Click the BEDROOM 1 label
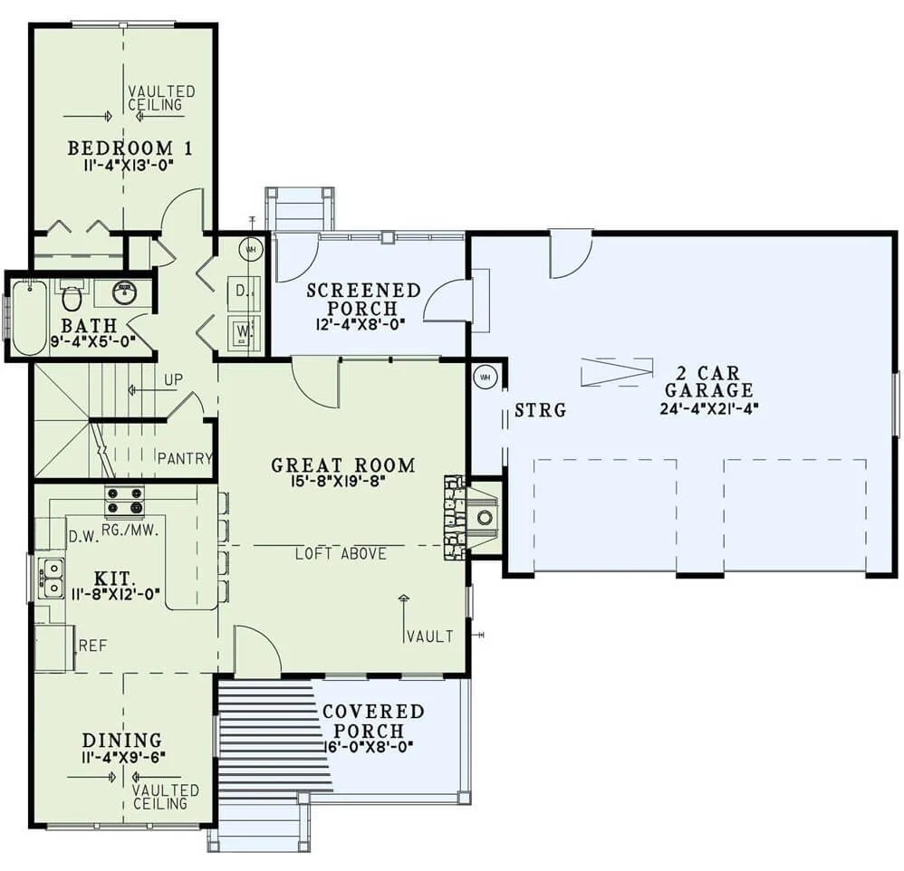(x=130, y=148)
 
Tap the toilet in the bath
(x=72, y=295)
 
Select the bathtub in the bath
(x=29, y=318)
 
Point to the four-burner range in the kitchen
(x=124, y=500)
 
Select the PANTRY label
(x=185, y=458)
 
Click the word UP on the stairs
(x=174, y=380)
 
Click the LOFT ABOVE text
(x=341, y=554)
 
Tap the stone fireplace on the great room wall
(x=455, y=517)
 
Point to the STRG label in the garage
(x=540, y=410)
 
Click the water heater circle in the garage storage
(x=485, y=378)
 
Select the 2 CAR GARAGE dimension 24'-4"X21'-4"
(x=708, y=408)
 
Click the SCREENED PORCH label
(x=363, y=299)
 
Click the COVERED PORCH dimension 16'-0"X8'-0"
(x=369, y=746)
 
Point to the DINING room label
(x=121, y=740)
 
